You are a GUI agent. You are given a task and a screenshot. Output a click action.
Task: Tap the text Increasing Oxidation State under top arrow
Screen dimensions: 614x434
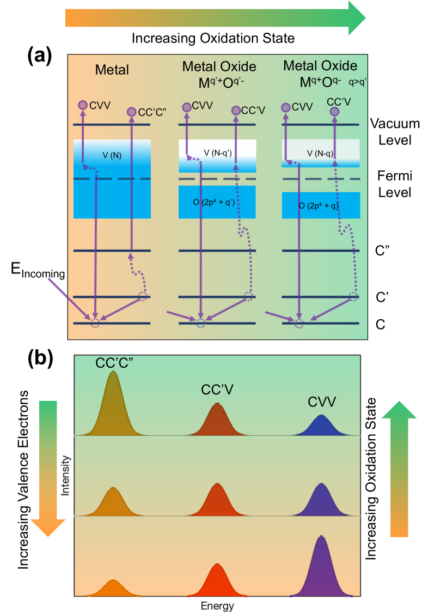pyautogui.click(x=213, y=38)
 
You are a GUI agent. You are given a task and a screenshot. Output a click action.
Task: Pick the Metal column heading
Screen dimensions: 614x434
pyautogui.click(x=112, y=69)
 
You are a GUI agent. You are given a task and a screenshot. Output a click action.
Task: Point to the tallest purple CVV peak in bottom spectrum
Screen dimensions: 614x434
pyautogui.click(x=321, y=567)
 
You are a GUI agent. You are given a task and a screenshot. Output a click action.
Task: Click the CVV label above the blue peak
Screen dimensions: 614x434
pyautogui.click(x=321, y=402)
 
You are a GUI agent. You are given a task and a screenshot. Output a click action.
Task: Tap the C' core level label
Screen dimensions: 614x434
pyautogui.click(x=383, y=297)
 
